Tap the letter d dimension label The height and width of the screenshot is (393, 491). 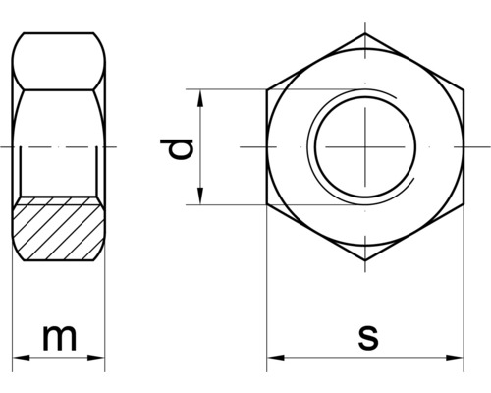pos(178,149)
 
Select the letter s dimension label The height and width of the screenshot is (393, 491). pos(367,337)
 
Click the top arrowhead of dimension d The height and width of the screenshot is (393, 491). pos(201,97)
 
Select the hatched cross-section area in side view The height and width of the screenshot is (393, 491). pos(60,228)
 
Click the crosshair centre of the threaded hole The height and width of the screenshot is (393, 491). pos(363,147)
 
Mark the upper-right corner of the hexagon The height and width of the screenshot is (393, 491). pos(462,92)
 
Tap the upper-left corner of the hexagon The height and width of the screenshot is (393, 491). pos(267,92)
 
